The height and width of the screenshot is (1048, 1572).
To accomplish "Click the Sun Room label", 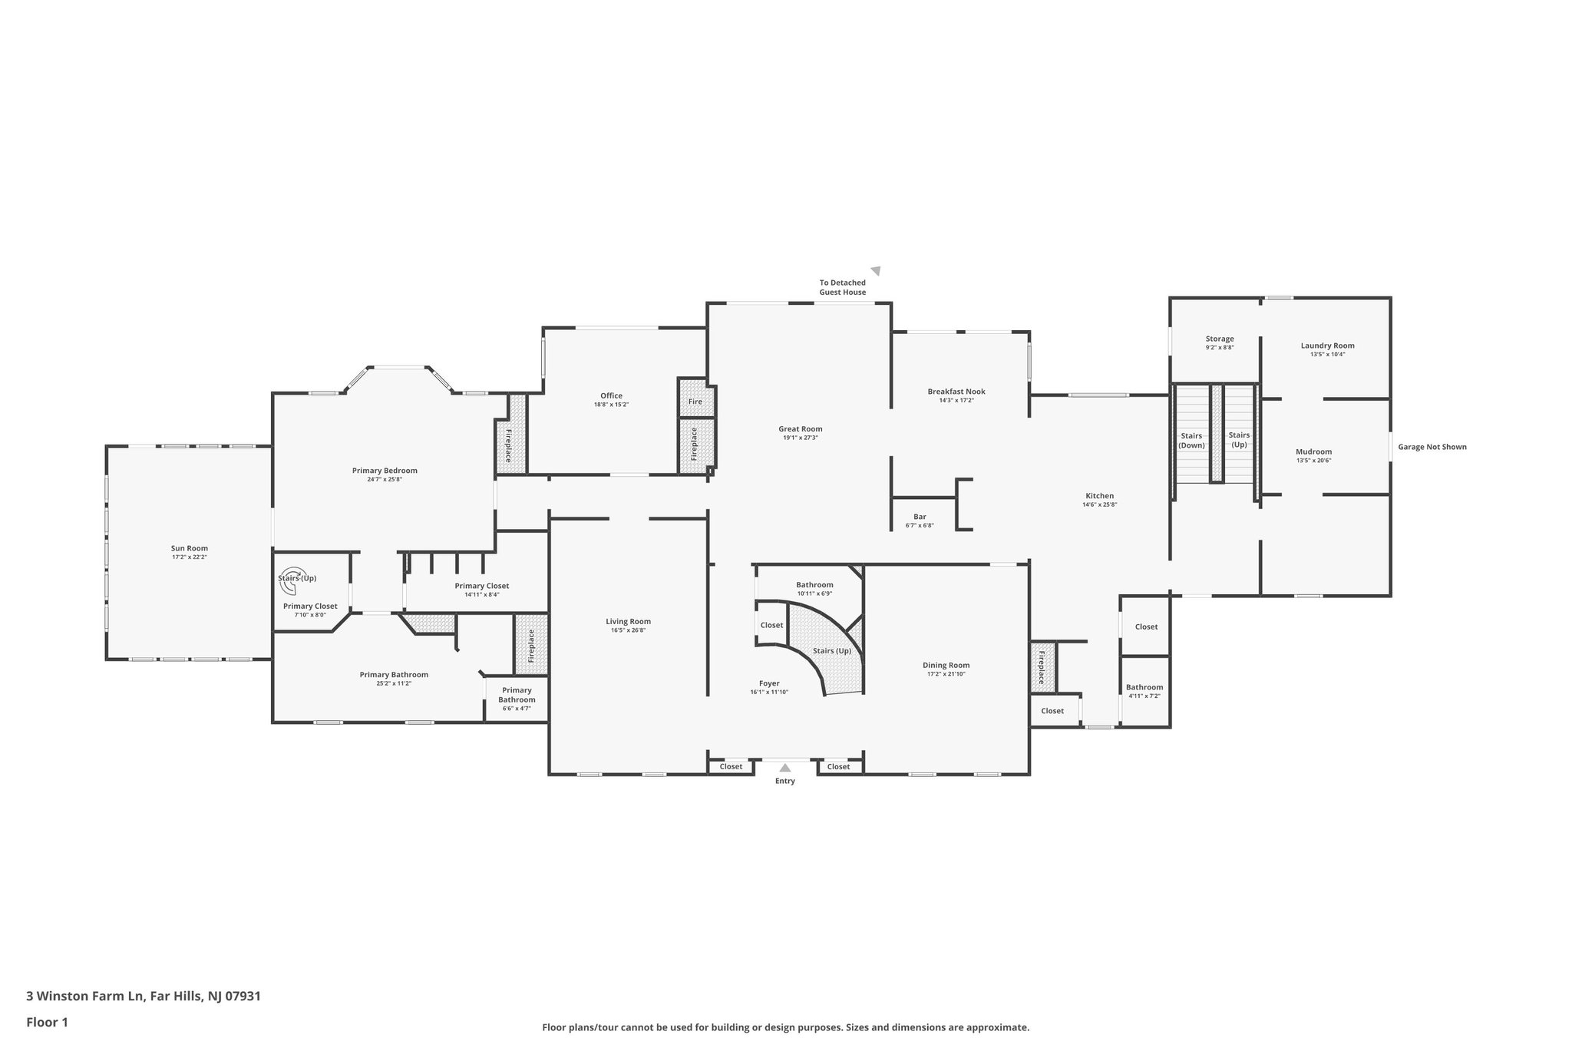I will click(189, 548).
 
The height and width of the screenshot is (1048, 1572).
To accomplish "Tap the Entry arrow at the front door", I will click(784, 767).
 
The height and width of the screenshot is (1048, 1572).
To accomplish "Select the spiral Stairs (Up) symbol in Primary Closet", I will click(290, 586).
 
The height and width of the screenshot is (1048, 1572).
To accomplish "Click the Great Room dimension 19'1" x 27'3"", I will click(800, 438).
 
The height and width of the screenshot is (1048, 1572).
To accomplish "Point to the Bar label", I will click(919, 517).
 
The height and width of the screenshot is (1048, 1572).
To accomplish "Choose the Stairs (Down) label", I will click(1191, 441).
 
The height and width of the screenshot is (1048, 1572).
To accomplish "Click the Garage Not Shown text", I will click(1432, 447).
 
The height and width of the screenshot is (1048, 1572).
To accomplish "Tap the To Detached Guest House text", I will click(842, 287).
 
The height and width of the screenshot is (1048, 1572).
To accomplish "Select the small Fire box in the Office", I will click(695, 401).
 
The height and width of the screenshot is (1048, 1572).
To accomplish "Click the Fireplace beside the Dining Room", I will click(1042, 667).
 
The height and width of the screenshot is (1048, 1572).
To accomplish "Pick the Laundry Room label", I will click(1327, 345).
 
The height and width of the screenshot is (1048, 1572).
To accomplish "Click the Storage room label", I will click(1219, 339).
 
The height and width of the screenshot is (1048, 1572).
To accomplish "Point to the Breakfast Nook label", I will click(956, 392).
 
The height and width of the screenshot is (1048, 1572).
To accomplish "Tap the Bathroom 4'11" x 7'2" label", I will click(1144, 687).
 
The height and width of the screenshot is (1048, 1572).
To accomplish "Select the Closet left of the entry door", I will click(731, 766).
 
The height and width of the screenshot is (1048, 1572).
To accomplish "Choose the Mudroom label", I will click(1313, 451).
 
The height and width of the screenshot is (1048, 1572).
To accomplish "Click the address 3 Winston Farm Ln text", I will click(144, 996).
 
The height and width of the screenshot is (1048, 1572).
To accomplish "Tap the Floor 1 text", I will click(47, 1022).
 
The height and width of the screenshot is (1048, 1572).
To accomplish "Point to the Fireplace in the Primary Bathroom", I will click(530, 646).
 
